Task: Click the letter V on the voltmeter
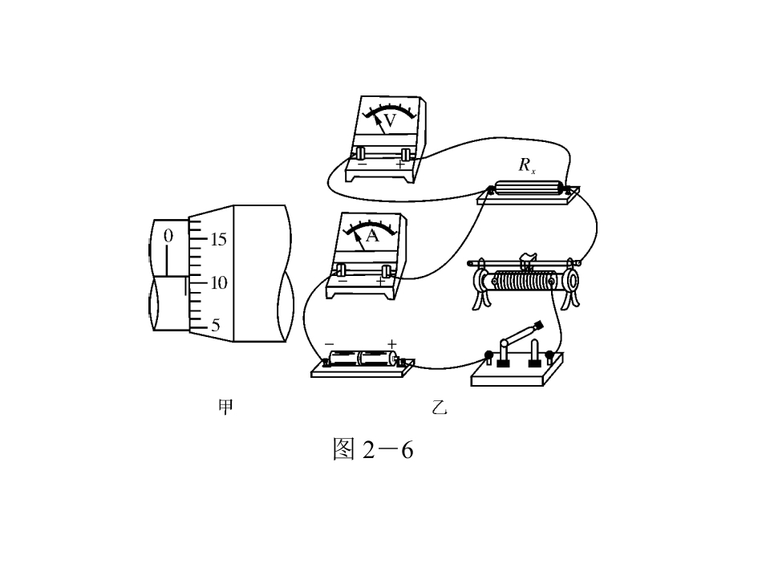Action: (390, 120)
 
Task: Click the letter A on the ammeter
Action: (371, 236)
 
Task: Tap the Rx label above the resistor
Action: (526, 165)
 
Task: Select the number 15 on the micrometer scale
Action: (218, 239)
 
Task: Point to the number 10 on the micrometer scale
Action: (219, 282)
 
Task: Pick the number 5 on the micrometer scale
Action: (216, 325)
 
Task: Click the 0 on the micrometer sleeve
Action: (168, 236)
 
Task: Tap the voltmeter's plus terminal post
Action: (406, 154)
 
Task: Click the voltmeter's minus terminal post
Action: (361, 154)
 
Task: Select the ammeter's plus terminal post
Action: (386, 271)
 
